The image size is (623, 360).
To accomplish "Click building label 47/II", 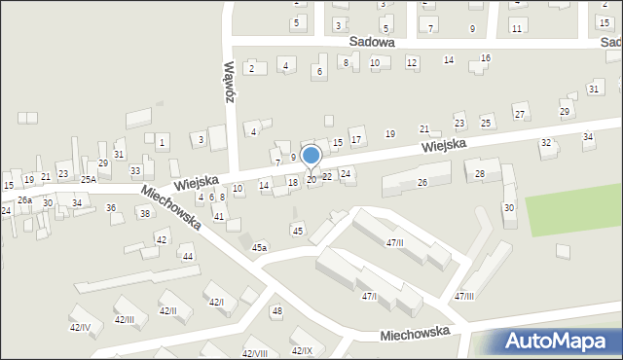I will click(x=395, y=242).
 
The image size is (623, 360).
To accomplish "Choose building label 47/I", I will click(x=369, y=296).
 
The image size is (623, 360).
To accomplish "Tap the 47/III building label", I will click(x=464, y=296).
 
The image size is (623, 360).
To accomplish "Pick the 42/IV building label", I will click(x=80, y=328).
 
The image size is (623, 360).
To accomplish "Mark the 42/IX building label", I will click(x=303, y=350).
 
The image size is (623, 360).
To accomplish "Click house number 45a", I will click(x=259, y=248).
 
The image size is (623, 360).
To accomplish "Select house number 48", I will click(x=277, y=311).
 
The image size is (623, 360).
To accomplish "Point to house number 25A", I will click(x=89, y=180).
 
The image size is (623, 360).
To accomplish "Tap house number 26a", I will click(x=24, y=199).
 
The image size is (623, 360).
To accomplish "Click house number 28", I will click(x=480, y=173).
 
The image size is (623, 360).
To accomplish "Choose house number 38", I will click(x=145, y=213).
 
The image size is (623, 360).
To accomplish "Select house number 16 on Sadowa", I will click(x=486, y=58).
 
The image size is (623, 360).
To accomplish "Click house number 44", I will click(x=188, y=257).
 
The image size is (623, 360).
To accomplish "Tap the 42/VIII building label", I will click(x=254, y=353).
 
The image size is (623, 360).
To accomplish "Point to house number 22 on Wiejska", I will click(x=327, y=176).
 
